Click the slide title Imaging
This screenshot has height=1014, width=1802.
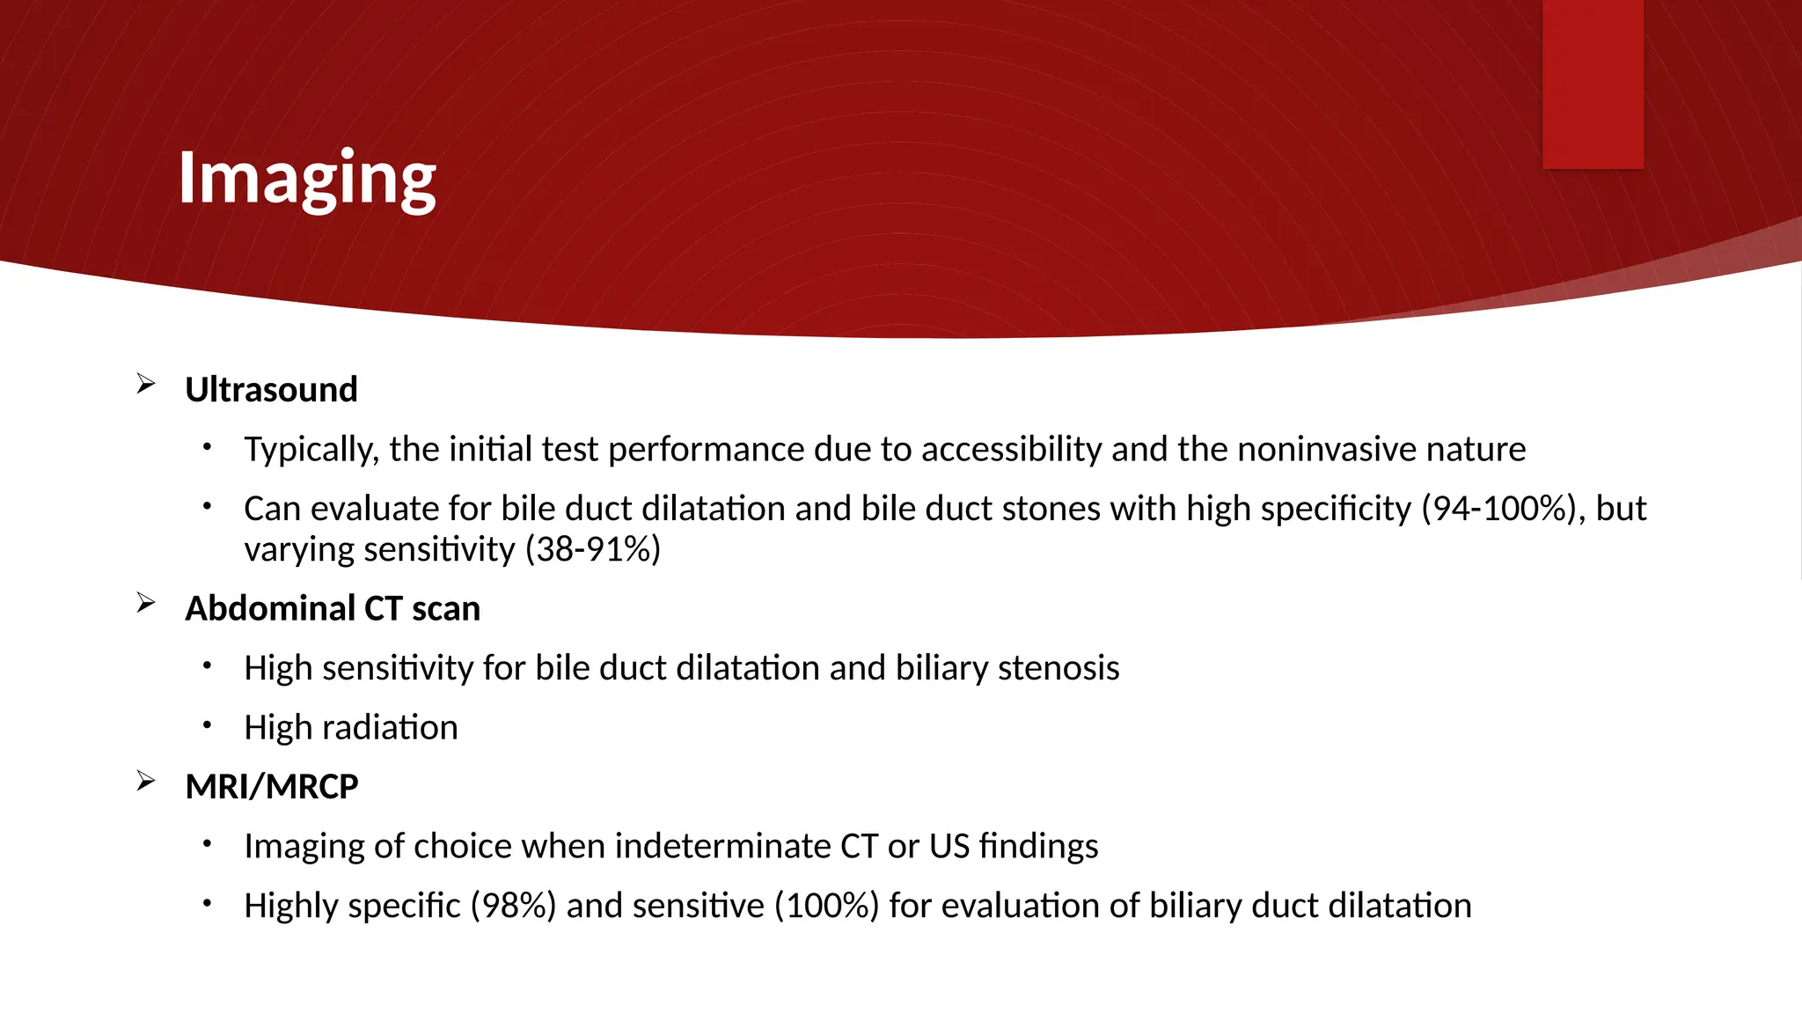(307, 179)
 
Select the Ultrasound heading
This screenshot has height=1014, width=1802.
(271, 390)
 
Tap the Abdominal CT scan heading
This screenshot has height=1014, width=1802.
(333, 609)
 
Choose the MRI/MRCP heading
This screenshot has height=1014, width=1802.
(272, 787)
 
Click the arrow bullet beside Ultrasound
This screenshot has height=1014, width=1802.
(146, 384)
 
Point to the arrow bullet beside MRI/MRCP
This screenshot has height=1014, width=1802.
(146, 781)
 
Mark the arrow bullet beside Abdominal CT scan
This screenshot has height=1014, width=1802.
(146, 603)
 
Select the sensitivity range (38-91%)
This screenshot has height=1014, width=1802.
(593, 550)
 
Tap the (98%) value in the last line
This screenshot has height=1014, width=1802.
(513, 906)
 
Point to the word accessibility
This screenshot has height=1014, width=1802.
(1011, 450)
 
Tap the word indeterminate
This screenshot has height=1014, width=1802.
(722, 847)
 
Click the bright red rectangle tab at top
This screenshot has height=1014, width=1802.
(1593, 84)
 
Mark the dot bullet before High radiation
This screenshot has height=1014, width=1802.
(207, 725)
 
